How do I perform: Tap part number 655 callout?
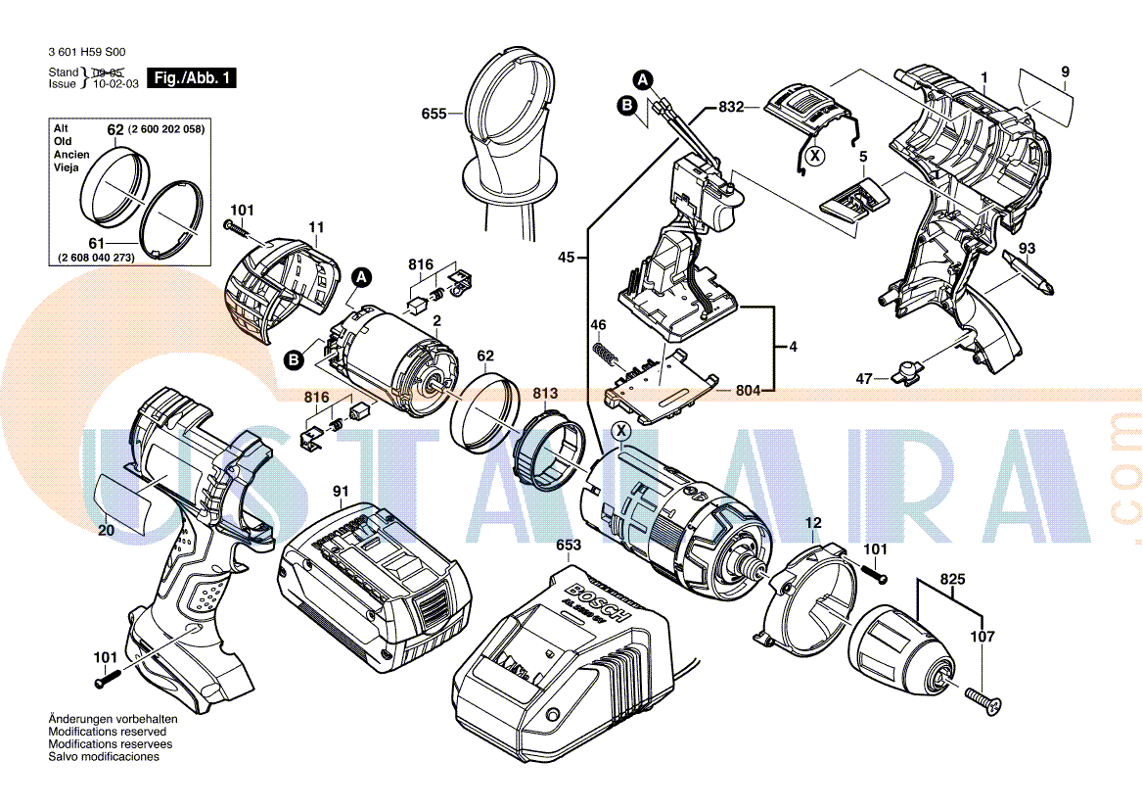434,114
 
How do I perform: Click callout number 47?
863,378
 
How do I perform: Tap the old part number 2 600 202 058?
167,129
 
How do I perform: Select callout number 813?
545,394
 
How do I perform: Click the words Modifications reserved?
108,732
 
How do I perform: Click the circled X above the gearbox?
620,431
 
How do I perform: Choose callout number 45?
567,259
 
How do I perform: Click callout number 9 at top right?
1065,71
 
